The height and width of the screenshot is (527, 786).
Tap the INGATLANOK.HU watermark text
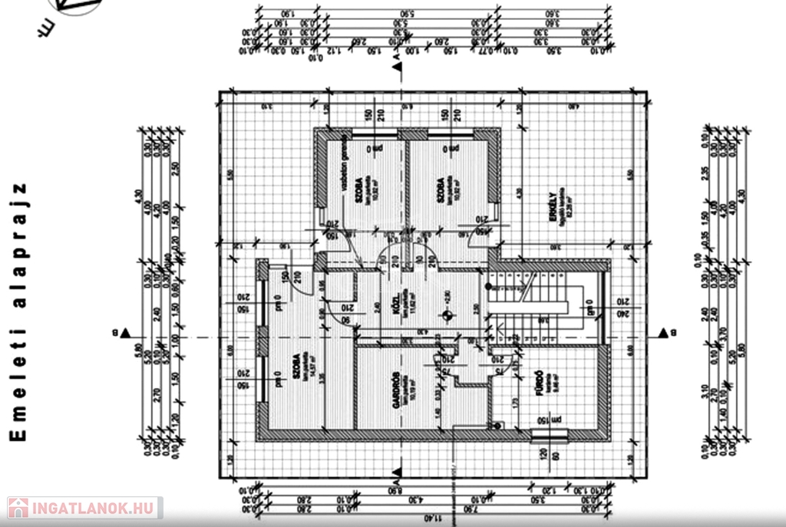point(92,508)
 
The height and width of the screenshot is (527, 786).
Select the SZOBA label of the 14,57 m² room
point(295,368)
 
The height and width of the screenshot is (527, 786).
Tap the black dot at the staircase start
point(487,286)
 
